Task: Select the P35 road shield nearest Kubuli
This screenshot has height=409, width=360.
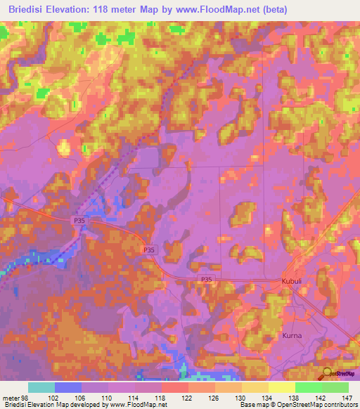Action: point(206,279)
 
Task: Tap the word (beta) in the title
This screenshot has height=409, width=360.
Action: point(268,8)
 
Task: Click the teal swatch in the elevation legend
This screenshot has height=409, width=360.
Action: point(41,387)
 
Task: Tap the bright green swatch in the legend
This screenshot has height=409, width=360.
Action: point(309,387)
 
